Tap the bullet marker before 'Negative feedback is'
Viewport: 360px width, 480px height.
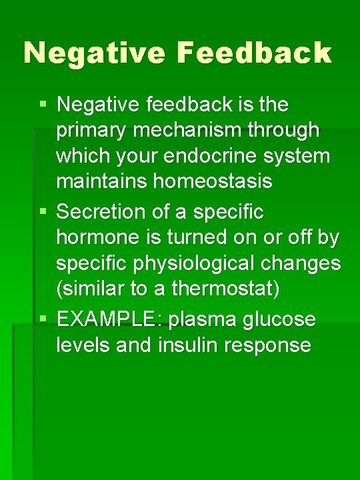coord(43,104)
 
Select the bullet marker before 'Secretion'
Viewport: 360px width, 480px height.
coord(43,212)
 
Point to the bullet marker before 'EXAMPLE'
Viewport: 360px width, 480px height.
coord(43,319)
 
